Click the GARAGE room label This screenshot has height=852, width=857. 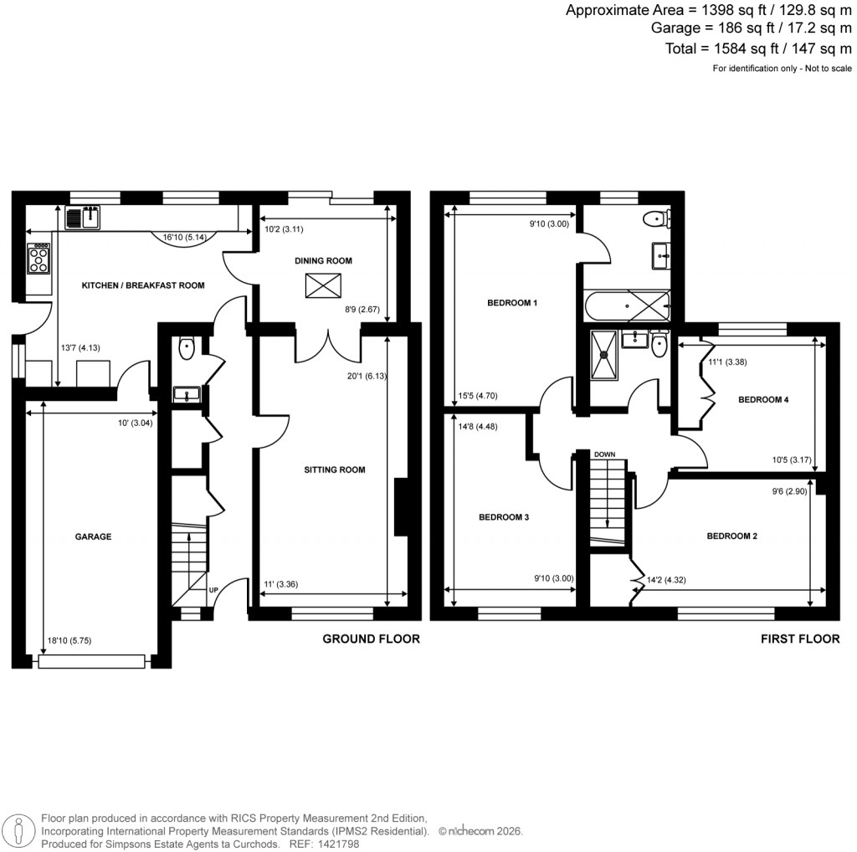[x=93, y=536]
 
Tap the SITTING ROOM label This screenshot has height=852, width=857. [x=334, y=470]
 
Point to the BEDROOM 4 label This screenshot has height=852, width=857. [x=762, y=400]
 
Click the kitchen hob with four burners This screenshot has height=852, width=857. [x=39, y=258]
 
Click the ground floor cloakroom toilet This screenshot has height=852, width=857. [x=186, y=346]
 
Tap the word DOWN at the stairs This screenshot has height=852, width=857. [x=604, y=454]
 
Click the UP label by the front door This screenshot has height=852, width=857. [x=213, y=590]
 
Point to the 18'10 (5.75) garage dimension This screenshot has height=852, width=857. [x=70, y=640]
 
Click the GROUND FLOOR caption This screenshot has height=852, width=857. [x=371, y=639]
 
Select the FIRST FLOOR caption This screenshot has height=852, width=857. [x=799, y=639]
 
